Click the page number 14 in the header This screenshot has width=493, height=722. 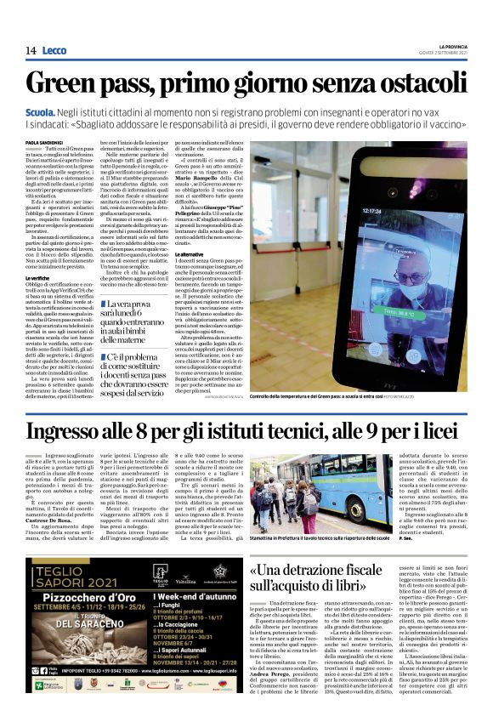(31, 51)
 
